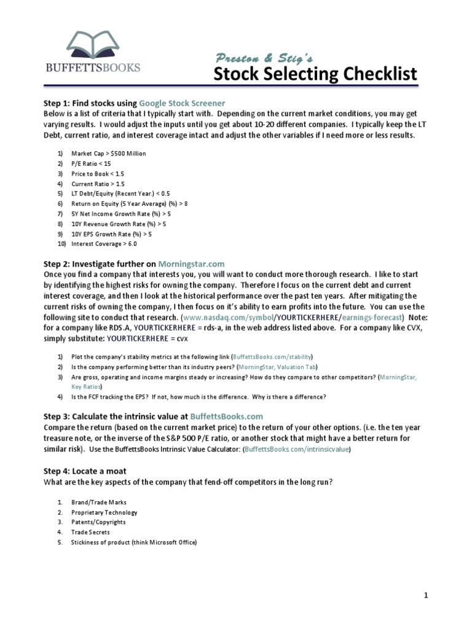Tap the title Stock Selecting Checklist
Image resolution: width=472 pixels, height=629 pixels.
pyautogui.click(x=315, y=74)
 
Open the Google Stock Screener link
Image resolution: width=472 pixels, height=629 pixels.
pyautogui.click(x=182, y=103)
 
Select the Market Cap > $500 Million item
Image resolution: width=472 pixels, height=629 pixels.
pyautogui.click(x=109, y=153)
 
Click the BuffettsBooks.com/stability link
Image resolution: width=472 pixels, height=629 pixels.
pyautogui.click(x=272, y=357)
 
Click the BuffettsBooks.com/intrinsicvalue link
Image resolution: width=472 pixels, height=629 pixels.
pyautogui.click(x=297, y=450)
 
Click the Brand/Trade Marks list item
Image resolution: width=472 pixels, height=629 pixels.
pyautogui.click(x=99, y=502)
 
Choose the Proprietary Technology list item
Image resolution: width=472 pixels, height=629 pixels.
pyautogui.click(x=104, y=512)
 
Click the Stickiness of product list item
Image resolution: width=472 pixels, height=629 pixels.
pyautogui.click(x=134, y=542)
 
